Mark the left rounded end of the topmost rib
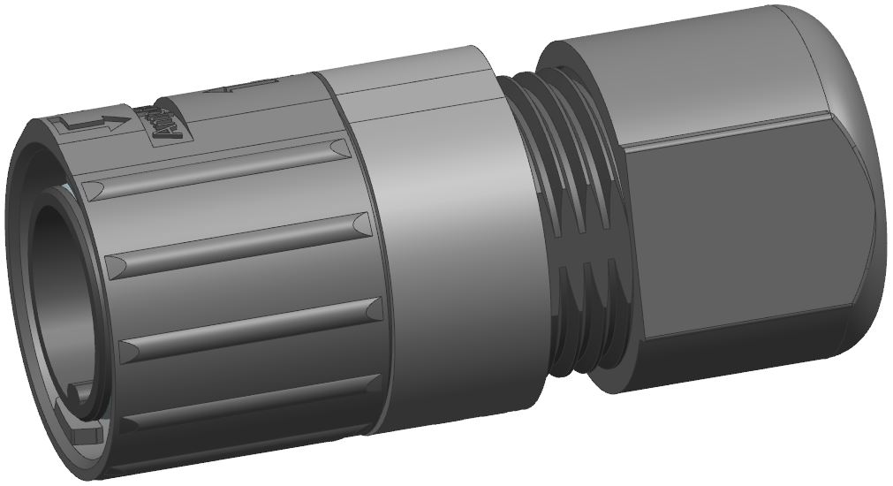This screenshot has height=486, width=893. pos(95,188)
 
